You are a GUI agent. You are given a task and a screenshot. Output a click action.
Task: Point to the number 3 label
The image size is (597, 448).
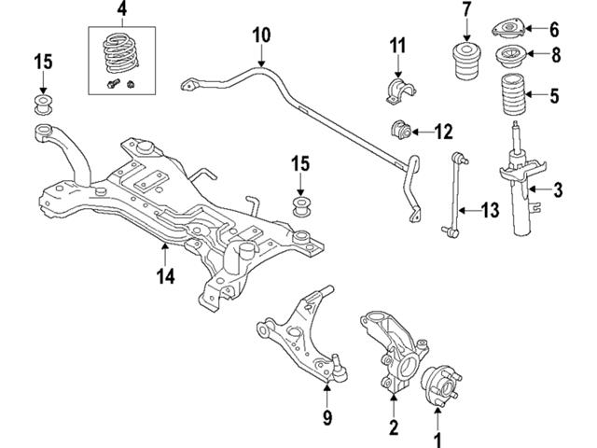[x=558, y=192]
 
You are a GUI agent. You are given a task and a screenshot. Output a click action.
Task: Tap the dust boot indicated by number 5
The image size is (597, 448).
[x=509, y=95]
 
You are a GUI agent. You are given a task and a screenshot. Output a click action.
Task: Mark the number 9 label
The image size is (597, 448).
[x=326, y=417]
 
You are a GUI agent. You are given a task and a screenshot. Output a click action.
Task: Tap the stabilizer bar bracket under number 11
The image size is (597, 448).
[x=397, y=91]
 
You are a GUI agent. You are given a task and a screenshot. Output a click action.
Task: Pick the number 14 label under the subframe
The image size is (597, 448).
[x=165, y=275]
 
